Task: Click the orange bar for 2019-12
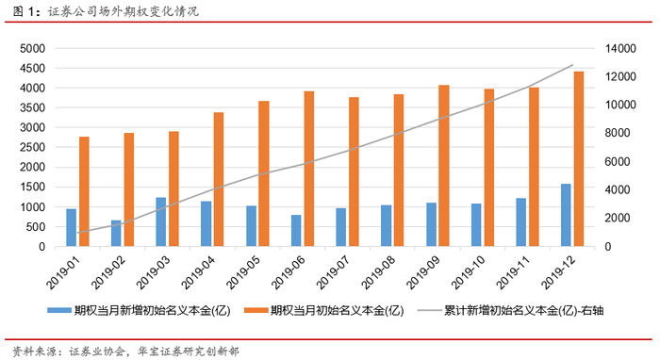click(x=579, y=159)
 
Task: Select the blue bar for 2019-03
click(x=161, y=222)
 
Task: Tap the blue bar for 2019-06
click(x=296, y=231)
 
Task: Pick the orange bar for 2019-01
click(x=84, y=191)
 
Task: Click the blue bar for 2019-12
click(x=566, y=215)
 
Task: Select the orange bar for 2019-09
click(x=444, y=166)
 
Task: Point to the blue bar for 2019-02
click(x=116, y=234)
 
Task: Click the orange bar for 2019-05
click(x=264, y=173)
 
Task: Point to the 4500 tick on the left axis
click(x=32, y=68)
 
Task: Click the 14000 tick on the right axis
click(x=620, y=49)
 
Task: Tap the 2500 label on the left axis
click(x=32, y=147)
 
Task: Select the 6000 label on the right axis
click(x=618, y=161)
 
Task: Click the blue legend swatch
click(x=58, y=311)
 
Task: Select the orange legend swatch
click(x=256, y=311)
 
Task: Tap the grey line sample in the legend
click(x=429, y=311)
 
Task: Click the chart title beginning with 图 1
click(x=106, y=10)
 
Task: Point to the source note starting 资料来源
click(x=125, y=351)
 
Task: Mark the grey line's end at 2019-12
click(x=573, y=65)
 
